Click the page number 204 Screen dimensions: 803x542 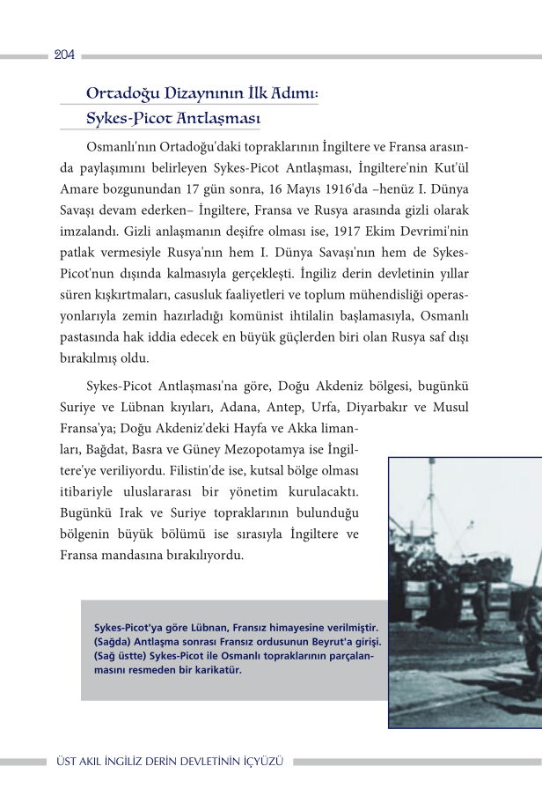[63, 55]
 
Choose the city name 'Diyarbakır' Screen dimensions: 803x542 [388, 408]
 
